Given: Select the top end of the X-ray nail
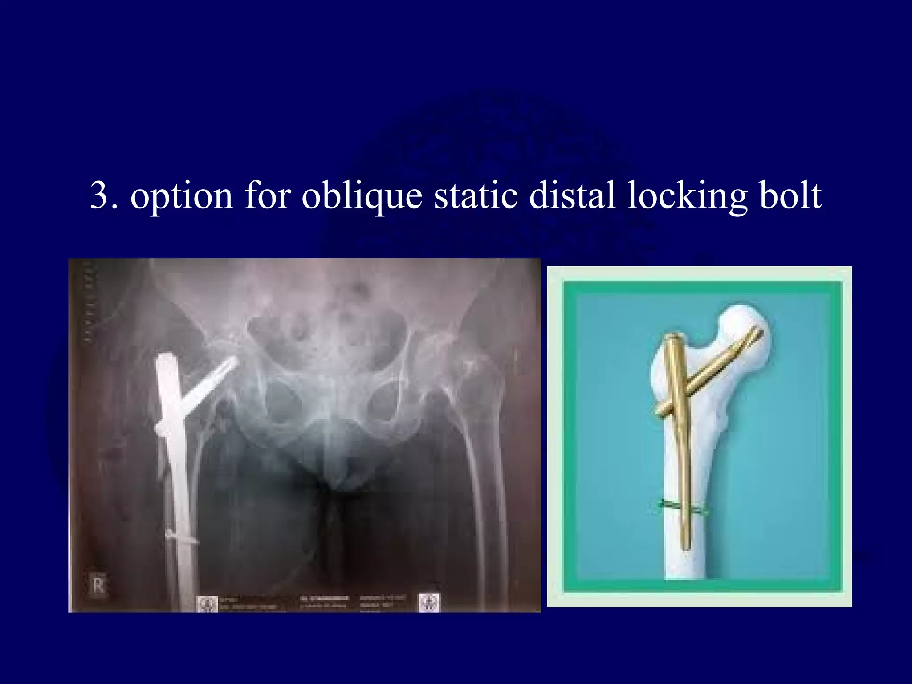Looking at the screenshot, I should point(167,359).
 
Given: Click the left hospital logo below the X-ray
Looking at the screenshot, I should point(207,603).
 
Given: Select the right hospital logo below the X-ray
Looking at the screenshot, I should point(429,603).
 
